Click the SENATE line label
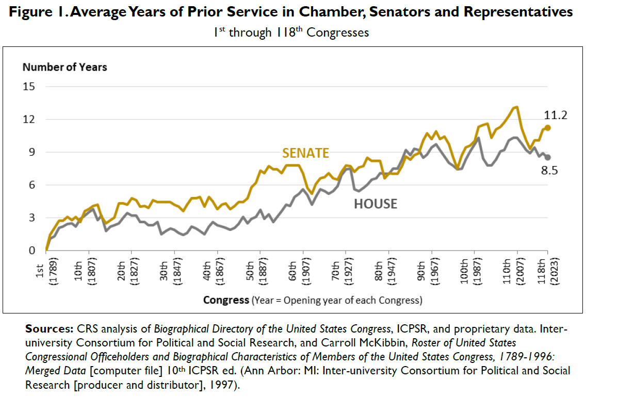[x=305, y=153]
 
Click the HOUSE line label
[x=376, y=204]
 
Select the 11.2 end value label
[x=556, y=115]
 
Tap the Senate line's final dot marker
[x=548, y=127]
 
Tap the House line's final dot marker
[x=548, y=157]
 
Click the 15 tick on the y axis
[x=28, y=87]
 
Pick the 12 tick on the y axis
[x=28, y=120]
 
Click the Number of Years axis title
[x=64, y=67]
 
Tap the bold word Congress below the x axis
[x=226, y=300]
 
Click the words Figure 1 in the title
[x=39, y=12]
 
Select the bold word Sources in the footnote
[x=50, y=329]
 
